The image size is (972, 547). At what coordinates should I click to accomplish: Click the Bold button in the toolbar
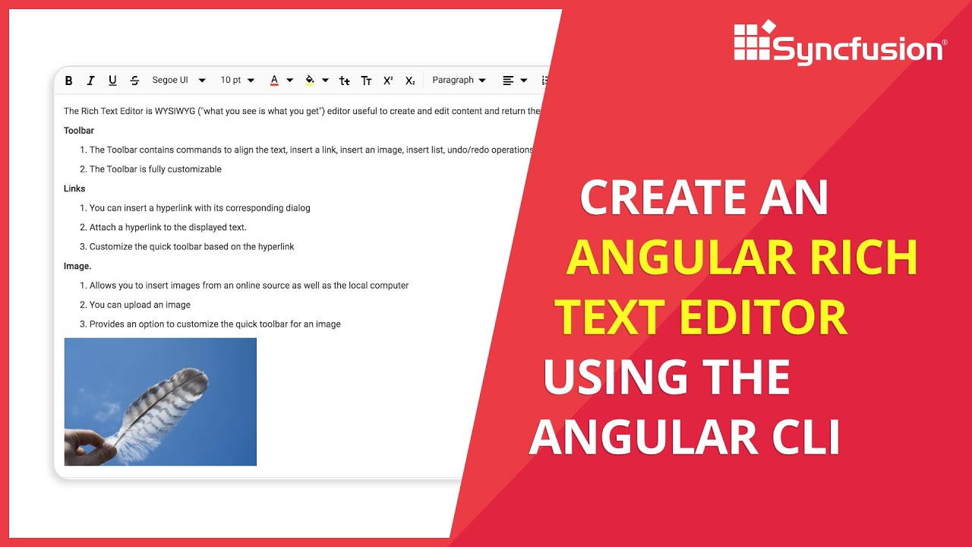tap(69, 81)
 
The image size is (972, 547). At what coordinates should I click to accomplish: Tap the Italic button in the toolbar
tap(91, 81)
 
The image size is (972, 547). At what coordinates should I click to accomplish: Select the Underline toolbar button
tap(112, 81)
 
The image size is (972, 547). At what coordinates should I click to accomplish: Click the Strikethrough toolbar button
tap(134, 81)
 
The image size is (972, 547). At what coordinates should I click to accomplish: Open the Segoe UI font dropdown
tap(178, 81)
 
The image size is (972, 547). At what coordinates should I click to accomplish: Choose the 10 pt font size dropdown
tap(237, 81)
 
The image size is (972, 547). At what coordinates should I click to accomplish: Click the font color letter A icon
tap(274, 81)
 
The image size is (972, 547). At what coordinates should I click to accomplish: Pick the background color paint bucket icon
tap(310, 81)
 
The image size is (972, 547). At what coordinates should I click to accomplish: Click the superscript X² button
tap(388, 81)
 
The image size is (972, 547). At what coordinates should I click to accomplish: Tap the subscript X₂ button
tap(410, 81)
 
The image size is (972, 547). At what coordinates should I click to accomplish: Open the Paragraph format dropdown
tap(459, 81)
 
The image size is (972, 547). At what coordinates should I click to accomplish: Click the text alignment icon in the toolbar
tap(508, 81)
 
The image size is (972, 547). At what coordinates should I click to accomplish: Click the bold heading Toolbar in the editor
tap(79, 131)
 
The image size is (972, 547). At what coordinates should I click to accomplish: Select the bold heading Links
tap(74, 188)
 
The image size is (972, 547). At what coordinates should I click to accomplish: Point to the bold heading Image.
tap(77, 266)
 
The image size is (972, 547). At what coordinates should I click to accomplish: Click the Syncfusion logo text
tap(858, 50)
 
